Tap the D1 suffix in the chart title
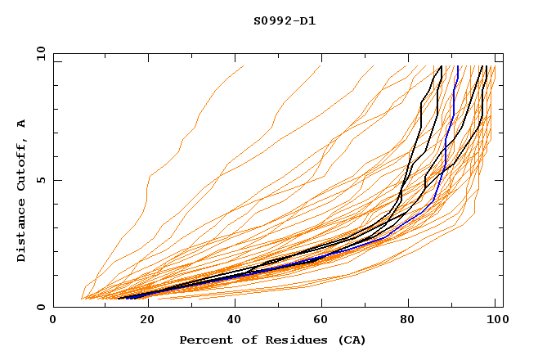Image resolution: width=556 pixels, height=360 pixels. [x=306, y=20]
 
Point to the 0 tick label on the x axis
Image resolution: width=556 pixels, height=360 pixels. [x=53, y=321]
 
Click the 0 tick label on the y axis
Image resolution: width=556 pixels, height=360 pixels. [x=40, y=307]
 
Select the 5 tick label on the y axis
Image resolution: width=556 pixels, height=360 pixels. [x=40, y=180]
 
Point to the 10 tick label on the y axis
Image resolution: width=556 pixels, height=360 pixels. [x=37, y=53]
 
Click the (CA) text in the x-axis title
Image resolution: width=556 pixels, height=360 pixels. [x=347, y=340]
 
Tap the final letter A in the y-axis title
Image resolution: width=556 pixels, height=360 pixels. [x=21, y=123]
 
